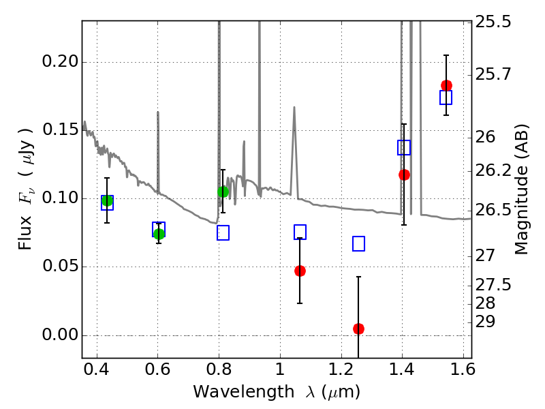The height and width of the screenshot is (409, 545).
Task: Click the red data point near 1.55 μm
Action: [x=446, y=85]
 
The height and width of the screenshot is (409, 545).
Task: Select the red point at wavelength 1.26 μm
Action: [x=358, y=329]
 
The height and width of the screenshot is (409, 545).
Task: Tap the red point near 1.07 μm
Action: [x=300, y=271]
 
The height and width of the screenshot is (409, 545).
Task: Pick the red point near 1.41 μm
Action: [x=404, y=175]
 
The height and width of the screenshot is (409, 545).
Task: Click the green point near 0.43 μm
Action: [x=107, y=200]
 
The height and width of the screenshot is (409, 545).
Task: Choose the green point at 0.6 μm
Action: [x=159, y=234]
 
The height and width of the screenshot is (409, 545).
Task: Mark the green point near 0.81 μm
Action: [x=223, y=192]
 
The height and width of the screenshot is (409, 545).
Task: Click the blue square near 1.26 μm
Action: [x=358, y=243]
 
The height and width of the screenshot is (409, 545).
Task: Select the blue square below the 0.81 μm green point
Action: [x=223, y=232]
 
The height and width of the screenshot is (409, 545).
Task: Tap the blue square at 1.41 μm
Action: [x=404, y=147]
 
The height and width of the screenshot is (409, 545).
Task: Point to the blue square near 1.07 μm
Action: [x=300, y=232]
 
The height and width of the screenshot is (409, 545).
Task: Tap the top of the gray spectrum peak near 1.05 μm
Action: [x=294, y=107]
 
